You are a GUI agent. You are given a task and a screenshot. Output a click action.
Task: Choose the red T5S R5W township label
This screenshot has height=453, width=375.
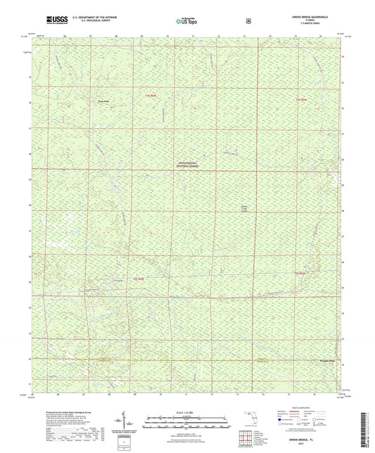tap(301, 273)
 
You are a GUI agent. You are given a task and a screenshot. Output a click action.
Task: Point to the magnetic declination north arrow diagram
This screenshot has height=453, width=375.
tap(124, 421)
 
